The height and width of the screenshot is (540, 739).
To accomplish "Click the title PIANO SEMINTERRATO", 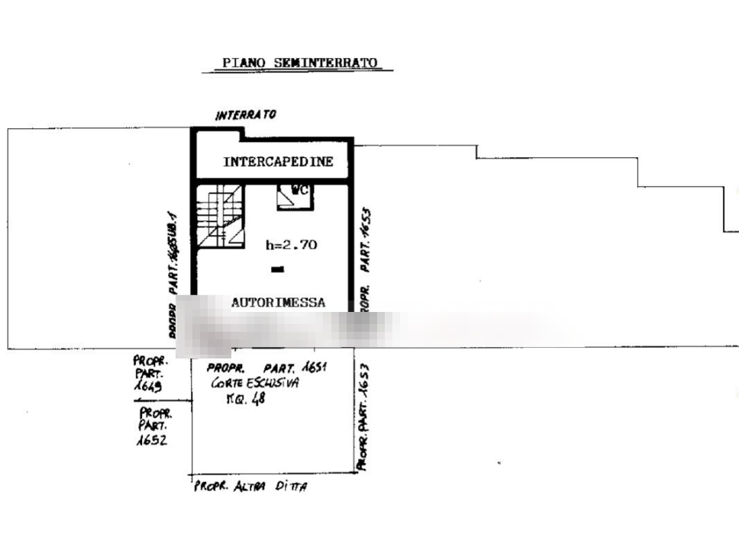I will tap(300, 63).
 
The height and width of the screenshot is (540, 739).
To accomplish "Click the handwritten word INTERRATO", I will tap(246, 114).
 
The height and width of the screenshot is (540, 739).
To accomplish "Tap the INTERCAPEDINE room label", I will tap(279, 162).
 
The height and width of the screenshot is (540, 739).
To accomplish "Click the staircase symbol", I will tap(221, 217).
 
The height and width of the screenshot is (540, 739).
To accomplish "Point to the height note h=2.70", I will tap(293, 245).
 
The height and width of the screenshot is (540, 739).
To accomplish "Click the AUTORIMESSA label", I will tap(278, 303).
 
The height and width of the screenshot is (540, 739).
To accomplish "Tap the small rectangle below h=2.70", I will tap(277, 269).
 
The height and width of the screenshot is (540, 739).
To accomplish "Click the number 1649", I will tap(147, 387).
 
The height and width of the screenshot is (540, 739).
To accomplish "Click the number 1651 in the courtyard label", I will tap(315, 368).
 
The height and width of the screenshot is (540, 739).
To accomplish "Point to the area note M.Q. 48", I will tap(243, 402).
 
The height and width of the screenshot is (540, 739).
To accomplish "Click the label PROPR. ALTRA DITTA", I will tap(251, 485).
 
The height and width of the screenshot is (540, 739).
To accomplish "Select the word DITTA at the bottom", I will tap(291, 485).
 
